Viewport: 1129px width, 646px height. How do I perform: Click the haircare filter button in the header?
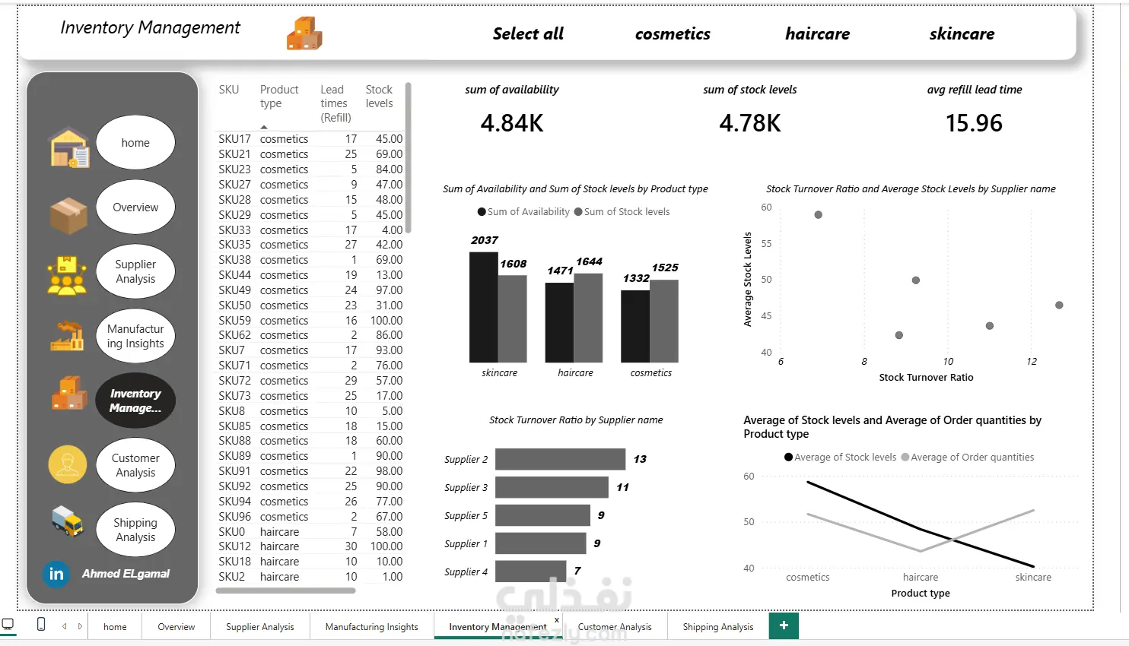click(817, 33)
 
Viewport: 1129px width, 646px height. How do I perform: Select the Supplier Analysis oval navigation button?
click(135, 271)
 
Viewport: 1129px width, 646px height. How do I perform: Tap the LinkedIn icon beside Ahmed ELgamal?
click(56, 574)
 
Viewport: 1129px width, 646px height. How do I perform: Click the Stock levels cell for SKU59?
click(386, 320)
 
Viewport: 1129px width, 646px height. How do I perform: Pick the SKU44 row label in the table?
click(234, 275)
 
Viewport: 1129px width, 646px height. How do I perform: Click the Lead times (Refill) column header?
click(336, 103)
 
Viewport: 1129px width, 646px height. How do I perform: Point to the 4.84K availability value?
click(511, 123)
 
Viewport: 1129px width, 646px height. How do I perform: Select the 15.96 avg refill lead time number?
click(974, 123)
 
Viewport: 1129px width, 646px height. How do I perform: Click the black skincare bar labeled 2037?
click(483, 307)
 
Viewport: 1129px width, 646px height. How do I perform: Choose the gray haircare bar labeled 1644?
click(588, 318)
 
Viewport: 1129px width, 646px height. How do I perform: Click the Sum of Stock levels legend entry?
click(622, 212)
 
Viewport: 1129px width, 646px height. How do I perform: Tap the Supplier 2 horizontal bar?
click(560, 459)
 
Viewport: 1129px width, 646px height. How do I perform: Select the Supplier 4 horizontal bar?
click(531, 572)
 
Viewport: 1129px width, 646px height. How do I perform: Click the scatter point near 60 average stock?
click(818, 215)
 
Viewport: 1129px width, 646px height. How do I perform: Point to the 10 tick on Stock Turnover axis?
click(948, 362)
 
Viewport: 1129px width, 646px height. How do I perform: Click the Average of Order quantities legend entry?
click(968, 458)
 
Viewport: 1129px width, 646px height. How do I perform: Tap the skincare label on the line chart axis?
click(1032, 578)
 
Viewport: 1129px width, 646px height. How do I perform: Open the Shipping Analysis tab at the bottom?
click(717, 627)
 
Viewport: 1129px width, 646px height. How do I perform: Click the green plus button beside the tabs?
click(784, 625)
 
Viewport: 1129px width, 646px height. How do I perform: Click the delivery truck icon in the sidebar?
click(68, 521)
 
